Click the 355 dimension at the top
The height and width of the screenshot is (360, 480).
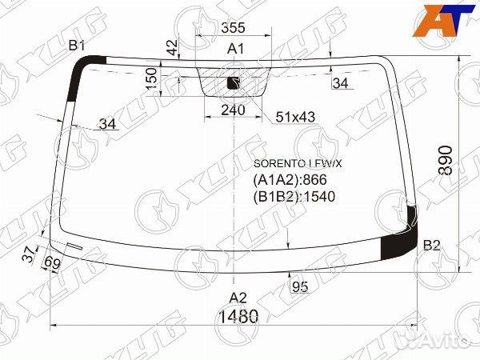[234, 27]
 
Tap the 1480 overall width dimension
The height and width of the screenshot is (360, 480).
[238, 316]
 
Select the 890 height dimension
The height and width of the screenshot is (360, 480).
[446, 161]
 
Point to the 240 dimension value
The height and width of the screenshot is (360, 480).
[233, 110]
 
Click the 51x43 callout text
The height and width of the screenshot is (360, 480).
[295, 117]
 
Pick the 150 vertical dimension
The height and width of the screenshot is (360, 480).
[152, 79]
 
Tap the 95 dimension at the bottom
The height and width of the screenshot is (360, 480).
[300, 287]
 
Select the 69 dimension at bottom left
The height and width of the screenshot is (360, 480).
[52, 262]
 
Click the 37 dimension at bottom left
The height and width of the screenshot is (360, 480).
[30, 254]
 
